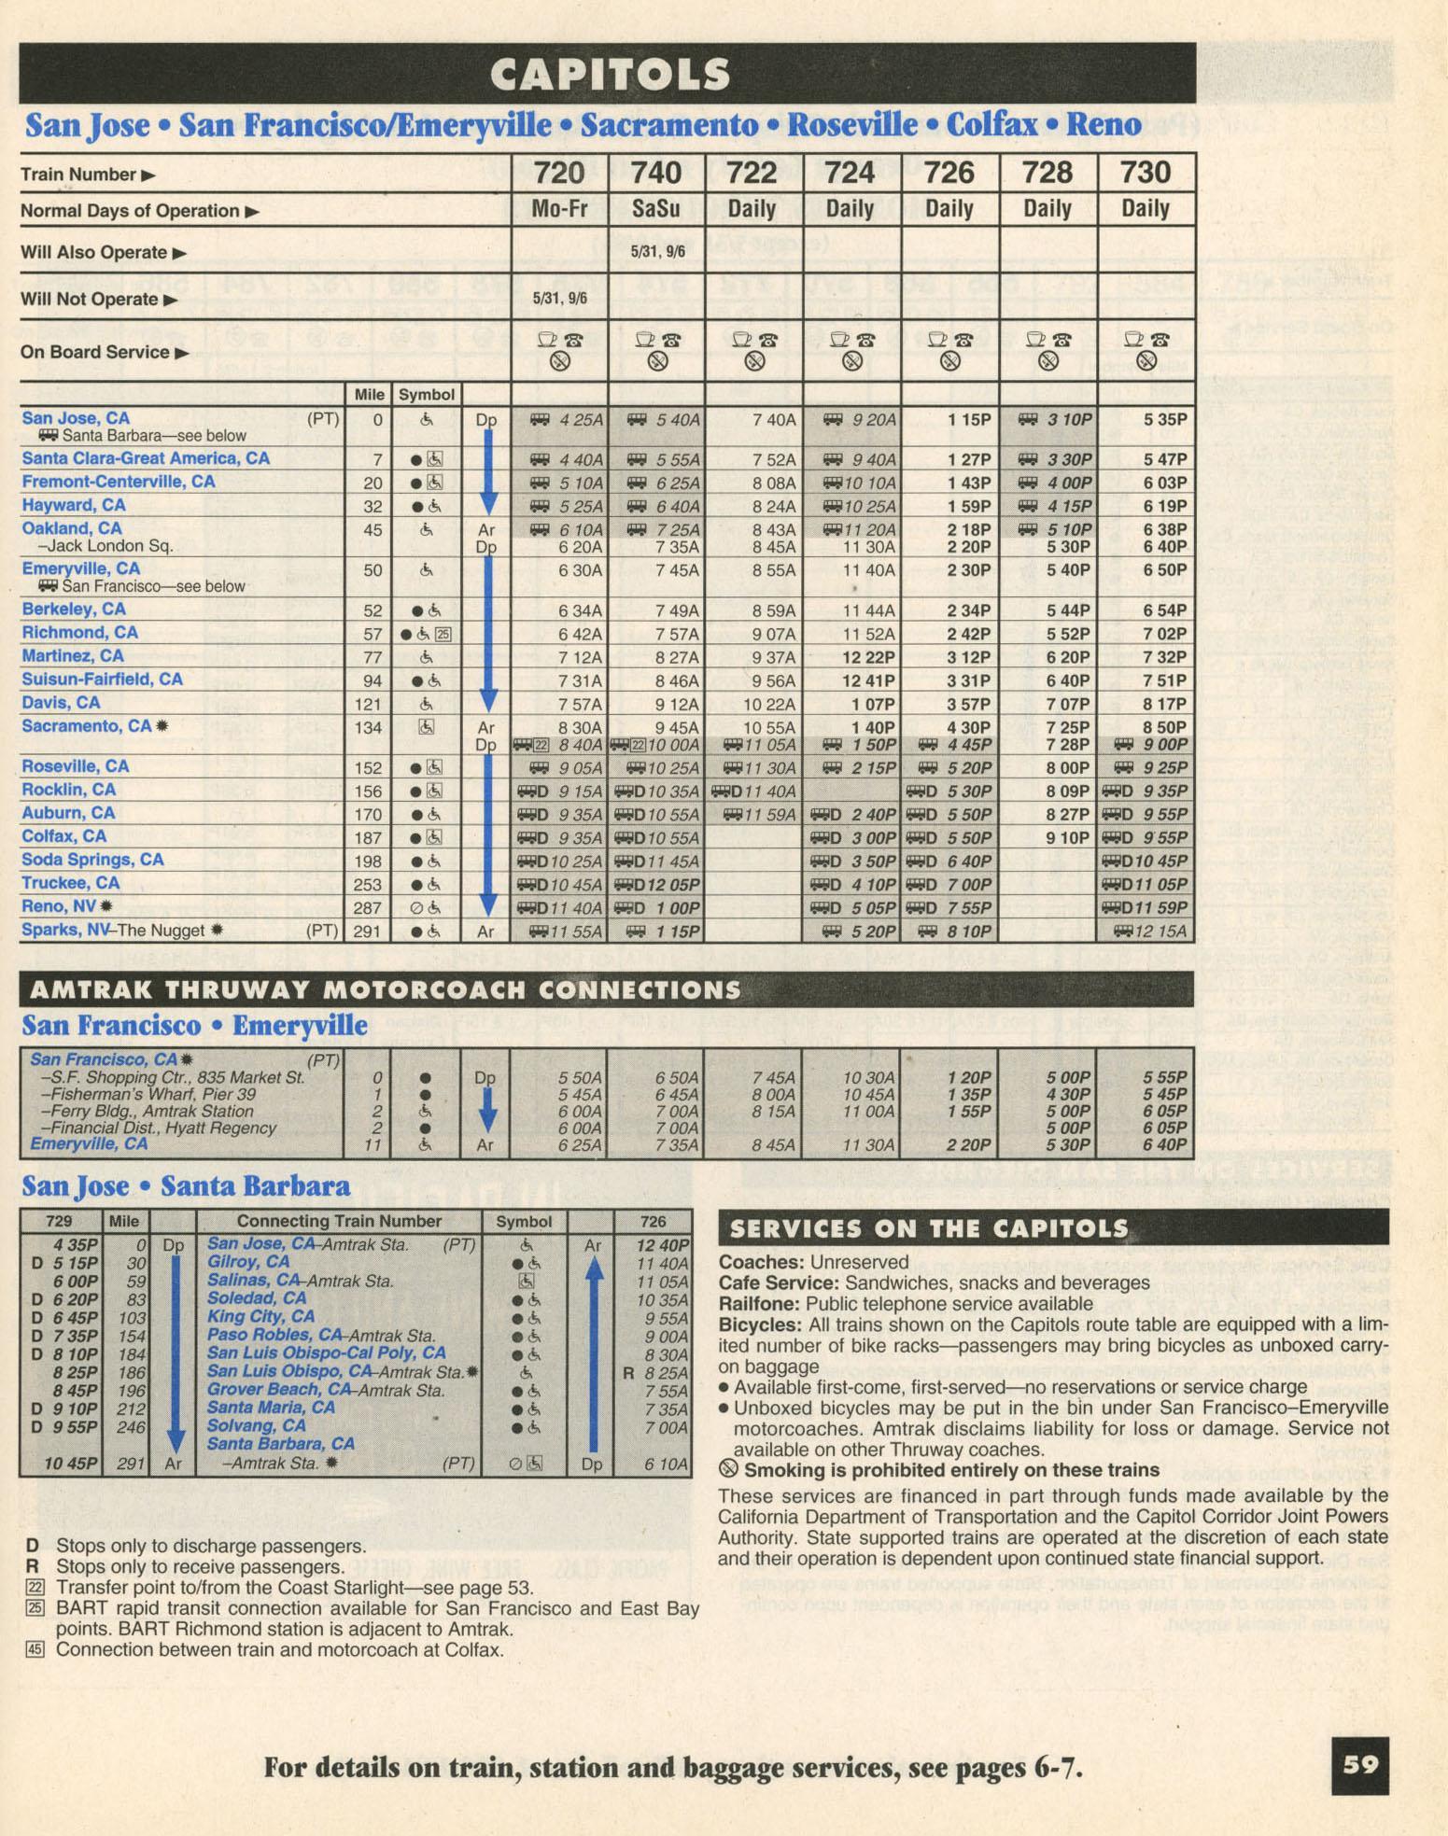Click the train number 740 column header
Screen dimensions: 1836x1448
point(655,173)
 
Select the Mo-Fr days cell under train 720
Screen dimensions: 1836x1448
point(559,209)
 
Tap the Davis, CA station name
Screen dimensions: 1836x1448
point(61,703)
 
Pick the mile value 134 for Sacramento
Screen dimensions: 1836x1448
point(373,727)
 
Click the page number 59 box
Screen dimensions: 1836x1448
point(1360,1765)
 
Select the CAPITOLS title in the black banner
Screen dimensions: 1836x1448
point(610,75)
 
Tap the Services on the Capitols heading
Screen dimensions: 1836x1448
point(929,1228)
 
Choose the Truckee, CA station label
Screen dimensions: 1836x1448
point(70,883)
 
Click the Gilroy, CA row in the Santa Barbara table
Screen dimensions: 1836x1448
point(248,1262)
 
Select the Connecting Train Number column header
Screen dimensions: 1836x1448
point(339,1221)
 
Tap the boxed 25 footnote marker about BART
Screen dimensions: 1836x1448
point(35,1607)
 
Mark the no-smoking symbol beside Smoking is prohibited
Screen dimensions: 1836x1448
point(729,1469)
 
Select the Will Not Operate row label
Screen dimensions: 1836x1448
point(89,299)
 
